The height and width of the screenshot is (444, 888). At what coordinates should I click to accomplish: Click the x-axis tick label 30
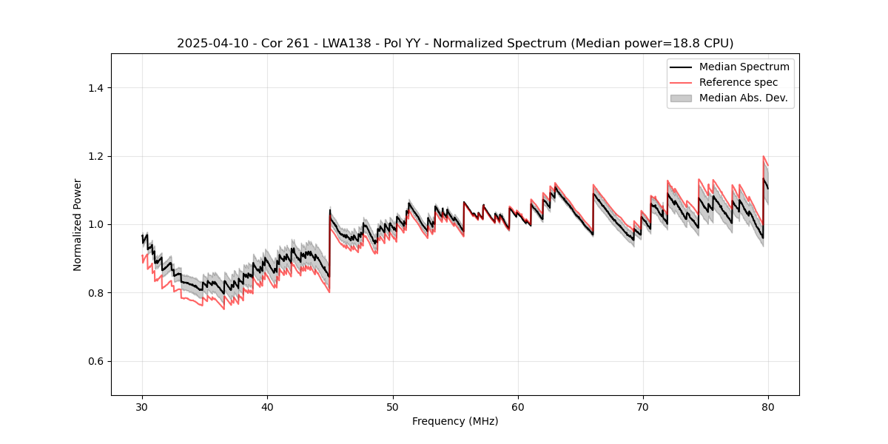tap(143, 407)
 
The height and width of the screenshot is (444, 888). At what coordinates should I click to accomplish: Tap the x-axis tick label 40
tap(268, 407)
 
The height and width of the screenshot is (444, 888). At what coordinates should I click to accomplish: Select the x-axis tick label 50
tap(393, 407)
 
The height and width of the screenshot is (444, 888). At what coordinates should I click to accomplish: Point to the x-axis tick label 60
tap(518, 407)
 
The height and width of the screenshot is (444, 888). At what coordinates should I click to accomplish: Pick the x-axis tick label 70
tap(643, 407)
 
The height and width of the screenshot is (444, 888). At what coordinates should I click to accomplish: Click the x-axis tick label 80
tap(768, 407)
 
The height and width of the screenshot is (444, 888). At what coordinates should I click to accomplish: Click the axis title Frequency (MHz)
tap(455, 421)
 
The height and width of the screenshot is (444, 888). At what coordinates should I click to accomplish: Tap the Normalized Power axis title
tap(78, 224)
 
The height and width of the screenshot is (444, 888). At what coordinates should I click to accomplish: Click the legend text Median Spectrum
tap(744, 67)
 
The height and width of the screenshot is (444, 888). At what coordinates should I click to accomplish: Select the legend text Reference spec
tap(739, 82)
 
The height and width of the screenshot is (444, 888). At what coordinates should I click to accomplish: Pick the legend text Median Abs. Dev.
tap(743, 98)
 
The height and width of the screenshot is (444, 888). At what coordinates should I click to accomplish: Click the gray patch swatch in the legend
tap(681, 98)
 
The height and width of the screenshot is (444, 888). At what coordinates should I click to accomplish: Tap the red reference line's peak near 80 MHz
tap(763, 157)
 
